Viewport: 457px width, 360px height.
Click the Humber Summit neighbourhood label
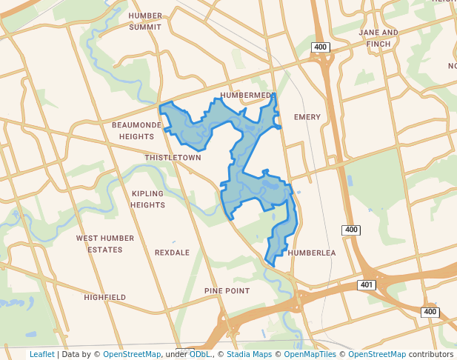(x=145, y=21)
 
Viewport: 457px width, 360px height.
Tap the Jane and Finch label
(x=378, y=39)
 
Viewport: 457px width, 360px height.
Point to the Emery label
(x=307, y=117)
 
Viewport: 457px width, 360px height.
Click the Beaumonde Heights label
(x=137, y=131)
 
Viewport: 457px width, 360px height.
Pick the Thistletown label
(x=173, y=158)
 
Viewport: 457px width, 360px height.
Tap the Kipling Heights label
(x=148, y=199)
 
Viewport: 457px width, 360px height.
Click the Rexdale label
(x=172, y=253)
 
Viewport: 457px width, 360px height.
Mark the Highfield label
(x=104, y=297)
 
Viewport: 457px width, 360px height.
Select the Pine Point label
(x=227, y=291)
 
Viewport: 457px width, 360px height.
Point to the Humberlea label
(x=312, y=253)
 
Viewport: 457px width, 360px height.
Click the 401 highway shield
(x=366, y=285)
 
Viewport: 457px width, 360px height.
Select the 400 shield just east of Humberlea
(x=351, y=230)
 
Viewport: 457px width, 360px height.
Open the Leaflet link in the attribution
(x=41, y=354)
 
